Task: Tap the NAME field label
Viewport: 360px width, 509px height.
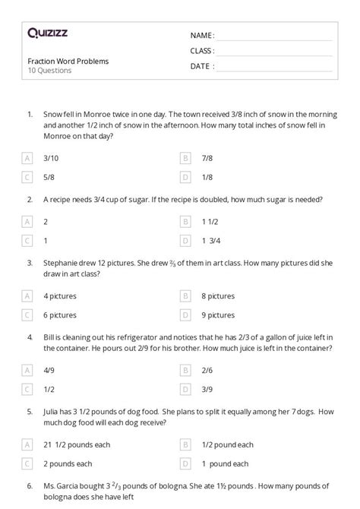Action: pos(202,35)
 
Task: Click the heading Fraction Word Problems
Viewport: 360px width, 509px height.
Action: pos(68,61)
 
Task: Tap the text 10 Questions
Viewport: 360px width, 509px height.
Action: pos(49,71)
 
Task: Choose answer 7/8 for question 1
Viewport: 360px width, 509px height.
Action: pos(207,158)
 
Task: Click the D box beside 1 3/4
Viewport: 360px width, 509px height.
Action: pos(185,242)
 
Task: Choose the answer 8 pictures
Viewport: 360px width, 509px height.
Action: pos(218,296)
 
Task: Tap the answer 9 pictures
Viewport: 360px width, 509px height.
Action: pos(218,315)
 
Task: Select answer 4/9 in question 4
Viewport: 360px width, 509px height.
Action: pos(50,370)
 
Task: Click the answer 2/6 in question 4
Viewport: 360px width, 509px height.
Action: pos(207,370)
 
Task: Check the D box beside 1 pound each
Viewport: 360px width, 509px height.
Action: pos(185,463)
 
